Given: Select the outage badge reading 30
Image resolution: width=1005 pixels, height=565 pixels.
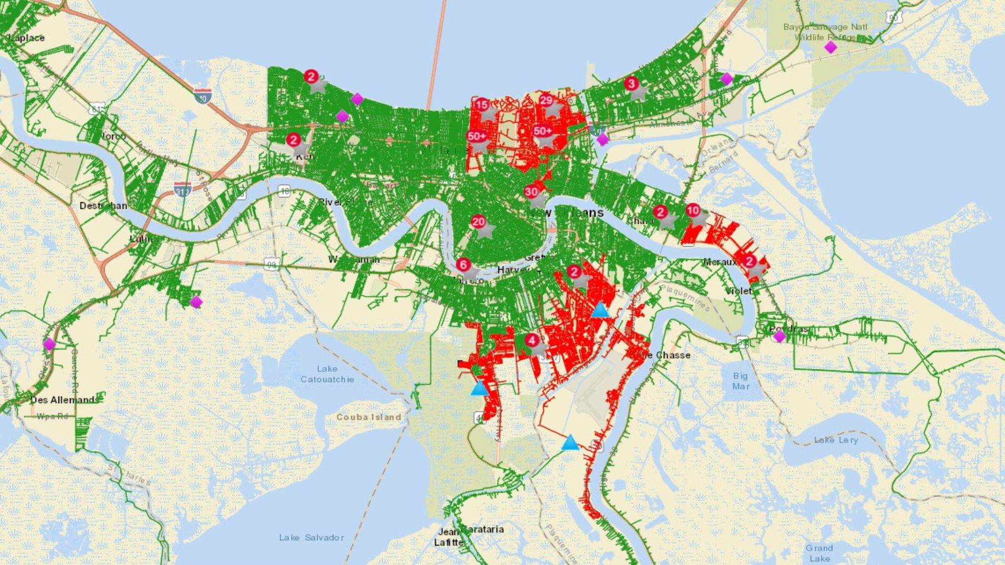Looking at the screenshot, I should point(531,192).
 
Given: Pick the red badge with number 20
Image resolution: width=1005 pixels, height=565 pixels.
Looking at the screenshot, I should point(478,222).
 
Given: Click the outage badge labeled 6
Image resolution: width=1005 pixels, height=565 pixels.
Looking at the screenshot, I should point(463,265).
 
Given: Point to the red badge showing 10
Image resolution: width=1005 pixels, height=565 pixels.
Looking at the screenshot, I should point(693,210).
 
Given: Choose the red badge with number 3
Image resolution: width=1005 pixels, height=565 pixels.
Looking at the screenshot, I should point(632,84).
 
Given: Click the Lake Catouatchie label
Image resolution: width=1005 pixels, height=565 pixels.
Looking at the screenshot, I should point(327,374).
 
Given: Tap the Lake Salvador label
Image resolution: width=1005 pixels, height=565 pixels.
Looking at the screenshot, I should point(311,537).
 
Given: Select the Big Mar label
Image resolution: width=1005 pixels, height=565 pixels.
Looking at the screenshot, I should point(741,381).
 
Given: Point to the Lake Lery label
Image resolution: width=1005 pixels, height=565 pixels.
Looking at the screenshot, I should point(836,440).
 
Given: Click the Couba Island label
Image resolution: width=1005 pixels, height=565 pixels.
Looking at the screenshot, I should point(368,417).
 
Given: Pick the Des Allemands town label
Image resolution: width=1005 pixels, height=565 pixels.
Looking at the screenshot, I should point(64,400).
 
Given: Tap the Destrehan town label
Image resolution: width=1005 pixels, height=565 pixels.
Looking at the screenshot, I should point(103,206).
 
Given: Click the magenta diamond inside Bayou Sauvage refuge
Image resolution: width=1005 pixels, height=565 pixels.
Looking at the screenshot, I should point(830,48).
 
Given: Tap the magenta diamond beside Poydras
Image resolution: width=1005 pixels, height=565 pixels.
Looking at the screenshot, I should point(779,336).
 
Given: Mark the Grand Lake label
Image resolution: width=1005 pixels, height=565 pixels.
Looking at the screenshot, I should point(819,553).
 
